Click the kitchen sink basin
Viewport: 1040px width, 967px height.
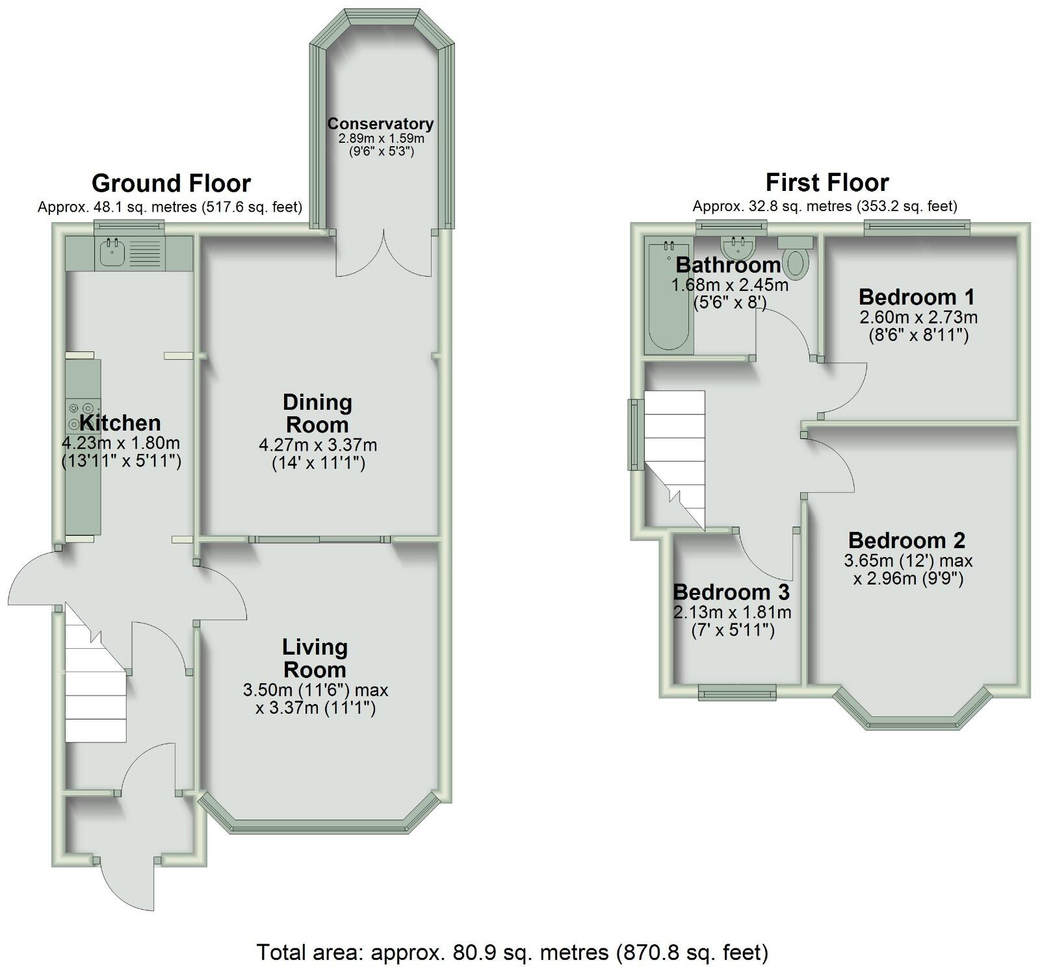click(112, 253)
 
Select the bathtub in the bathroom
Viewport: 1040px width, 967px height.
click(668, 297)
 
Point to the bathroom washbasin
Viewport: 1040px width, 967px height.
click(738, 247)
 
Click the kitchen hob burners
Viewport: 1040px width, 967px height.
click(82, 416)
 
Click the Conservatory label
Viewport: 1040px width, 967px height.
click(380, 123)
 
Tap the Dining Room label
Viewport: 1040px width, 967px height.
click(317, 413)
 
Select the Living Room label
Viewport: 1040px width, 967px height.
click(315, 658)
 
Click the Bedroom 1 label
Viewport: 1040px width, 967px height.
click(916, 297)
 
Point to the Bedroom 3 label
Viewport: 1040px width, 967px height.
click(731, 592)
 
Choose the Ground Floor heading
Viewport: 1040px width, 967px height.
click(171, 183)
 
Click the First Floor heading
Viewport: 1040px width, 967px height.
click(827, 182)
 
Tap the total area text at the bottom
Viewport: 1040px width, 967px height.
click(512, 952)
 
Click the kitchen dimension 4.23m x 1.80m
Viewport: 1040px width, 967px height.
click(121, 444)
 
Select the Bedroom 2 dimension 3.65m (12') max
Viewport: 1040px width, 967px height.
click(908, 560)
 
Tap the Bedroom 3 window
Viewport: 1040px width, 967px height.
click(737, 692)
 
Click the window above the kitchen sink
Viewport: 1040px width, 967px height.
click(129, 225)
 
